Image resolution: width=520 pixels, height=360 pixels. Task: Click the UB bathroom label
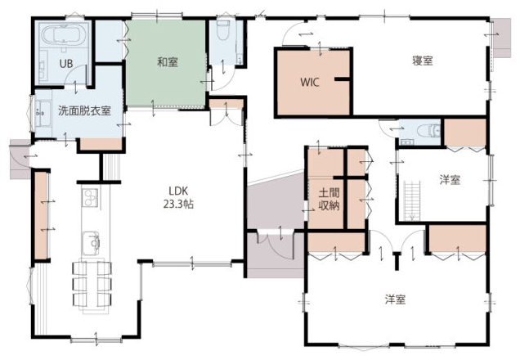66,63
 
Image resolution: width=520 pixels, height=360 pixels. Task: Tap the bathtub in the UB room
64,35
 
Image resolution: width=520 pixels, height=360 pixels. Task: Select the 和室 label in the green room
168,62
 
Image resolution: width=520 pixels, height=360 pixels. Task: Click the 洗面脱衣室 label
84,110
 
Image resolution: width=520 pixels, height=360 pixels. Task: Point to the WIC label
310,82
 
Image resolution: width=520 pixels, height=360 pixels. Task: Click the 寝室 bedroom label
423,61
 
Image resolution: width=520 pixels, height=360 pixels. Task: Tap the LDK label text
178,191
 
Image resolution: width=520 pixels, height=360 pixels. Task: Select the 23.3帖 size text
178,204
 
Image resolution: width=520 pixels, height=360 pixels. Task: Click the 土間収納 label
329,199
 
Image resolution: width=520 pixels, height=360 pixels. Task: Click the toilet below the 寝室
428,130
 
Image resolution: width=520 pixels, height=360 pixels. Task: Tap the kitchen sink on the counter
91,243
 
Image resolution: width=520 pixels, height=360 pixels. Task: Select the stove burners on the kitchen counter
91,197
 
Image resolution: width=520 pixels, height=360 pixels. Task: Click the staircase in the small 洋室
412,200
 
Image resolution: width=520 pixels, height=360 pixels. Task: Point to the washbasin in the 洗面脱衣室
43,114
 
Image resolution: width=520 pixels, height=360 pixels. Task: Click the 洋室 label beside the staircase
450,180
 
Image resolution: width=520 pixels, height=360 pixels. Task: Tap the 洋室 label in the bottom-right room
395,299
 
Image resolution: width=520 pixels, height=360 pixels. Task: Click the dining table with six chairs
92,286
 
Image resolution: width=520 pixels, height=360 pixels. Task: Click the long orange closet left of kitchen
41,215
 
